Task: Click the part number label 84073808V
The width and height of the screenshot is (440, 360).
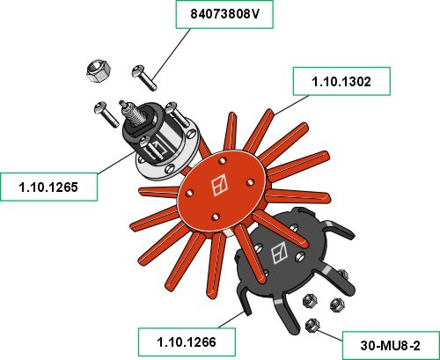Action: pyautogui.click(x=224, y=14)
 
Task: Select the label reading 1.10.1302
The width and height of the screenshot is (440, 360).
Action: pyautogui.click(x=341, y=81)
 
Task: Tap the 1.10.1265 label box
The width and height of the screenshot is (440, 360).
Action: pyautogui.click(x=48, y=187)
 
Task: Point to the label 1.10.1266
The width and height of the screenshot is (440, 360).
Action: pyautogui.click(x=187, y=342)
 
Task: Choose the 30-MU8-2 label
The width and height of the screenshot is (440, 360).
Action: pyautogui.click(x=391, y=346)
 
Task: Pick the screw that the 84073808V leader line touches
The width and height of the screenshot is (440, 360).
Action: pyautogui.click(x=144, y=77)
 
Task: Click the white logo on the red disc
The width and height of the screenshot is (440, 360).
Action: pyautogui.click(x=220, y=185)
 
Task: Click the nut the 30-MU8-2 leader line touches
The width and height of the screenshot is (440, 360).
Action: pyautogui.click(x=312, y=325)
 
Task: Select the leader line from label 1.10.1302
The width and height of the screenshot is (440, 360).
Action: pyautogui.click(x=291, y=105)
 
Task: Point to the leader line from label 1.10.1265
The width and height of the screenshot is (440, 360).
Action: pyautogui.click(x=115, y=162)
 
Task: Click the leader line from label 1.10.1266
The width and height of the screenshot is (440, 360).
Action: pyautogui.click(x=231, y=320)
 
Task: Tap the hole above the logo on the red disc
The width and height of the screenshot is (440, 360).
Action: pyautogui.click(x=223, y=160)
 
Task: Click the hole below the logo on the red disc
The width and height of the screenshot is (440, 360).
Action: pyautogui.click(x=216, y=217)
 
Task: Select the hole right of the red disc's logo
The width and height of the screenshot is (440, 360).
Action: pyautogui.click(x=250, y=182)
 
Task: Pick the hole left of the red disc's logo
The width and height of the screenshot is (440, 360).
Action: pyautogui.click(x=190, y=193)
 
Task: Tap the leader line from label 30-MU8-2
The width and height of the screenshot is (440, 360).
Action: pyautogui.click(x=330, y=335)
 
